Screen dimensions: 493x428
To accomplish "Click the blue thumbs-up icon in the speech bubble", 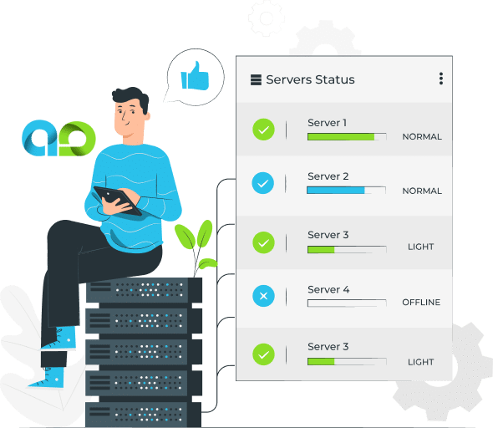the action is (x=195, y=76).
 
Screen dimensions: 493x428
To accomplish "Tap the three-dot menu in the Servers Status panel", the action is (x=441, y=79).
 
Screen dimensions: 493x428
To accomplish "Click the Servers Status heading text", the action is (x=310, y=79).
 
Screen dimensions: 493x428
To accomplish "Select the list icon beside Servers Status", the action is (x=256, y=80).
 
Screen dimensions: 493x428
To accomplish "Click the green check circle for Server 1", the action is (x=263, y=130).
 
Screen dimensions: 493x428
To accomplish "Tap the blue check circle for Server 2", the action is (x=263, y=183).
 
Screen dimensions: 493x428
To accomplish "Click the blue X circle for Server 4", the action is (x=263, y=296).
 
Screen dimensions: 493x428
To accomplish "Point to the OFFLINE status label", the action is (x=421, y=303).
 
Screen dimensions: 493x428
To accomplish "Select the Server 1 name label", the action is (x=327, y=123).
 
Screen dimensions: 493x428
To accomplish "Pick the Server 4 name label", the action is (x=328, y=289).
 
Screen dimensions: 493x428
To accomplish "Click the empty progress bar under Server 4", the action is (x=347, y=303).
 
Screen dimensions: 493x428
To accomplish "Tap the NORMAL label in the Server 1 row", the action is (x=422, y=137).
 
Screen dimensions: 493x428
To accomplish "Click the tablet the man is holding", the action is (x=118, y=201).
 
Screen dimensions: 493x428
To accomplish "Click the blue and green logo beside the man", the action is (x=58, y=138).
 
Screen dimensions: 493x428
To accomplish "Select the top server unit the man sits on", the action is (x=144, y=289).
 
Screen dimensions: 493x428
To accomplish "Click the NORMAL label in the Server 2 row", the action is (x=422, y=191).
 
